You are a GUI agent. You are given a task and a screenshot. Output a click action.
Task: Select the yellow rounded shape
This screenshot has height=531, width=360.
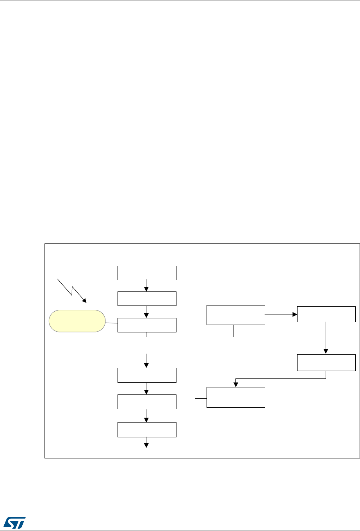77,321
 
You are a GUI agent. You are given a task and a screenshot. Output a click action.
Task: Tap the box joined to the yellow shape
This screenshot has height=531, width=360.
147,325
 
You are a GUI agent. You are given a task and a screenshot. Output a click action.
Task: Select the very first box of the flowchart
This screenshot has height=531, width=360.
147,273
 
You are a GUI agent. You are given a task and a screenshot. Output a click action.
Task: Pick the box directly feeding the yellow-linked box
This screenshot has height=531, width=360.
147,299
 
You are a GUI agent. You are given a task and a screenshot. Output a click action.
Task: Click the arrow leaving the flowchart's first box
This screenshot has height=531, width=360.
146,286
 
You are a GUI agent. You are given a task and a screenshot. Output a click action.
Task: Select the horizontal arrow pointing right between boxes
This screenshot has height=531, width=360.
281,314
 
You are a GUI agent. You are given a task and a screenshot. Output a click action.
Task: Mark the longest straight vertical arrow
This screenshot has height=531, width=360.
326,338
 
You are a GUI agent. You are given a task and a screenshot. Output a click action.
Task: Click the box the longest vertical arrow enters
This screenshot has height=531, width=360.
326,362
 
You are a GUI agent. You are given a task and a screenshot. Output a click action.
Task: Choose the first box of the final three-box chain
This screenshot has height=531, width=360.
147,375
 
